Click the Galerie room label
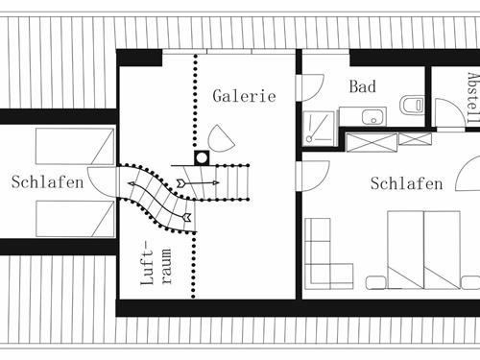244,96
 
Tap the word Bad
362,87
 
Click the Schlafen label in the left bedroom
47,182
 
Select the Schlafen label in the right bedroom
406,184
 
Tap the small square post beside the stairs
202,157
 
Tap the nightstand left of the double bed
377,281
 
